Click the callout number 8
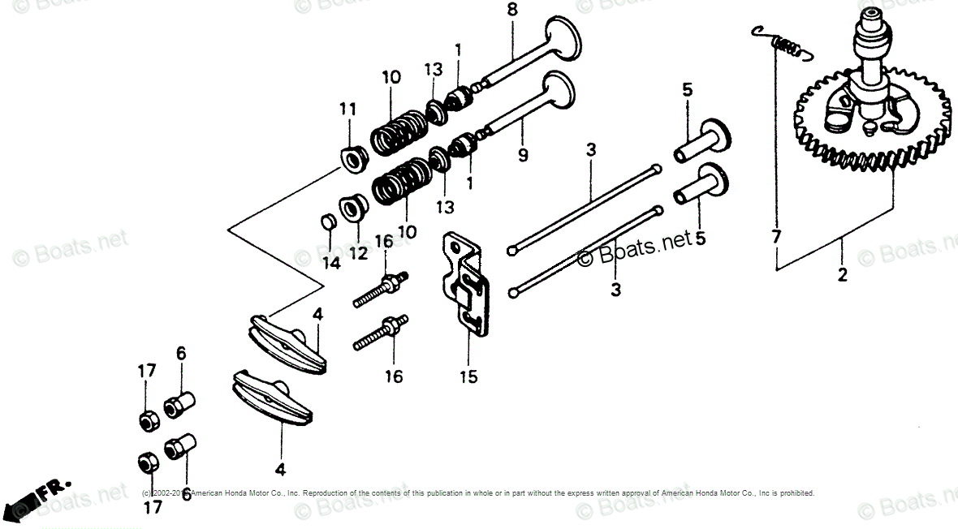pyautogui.click(x=511, y=11)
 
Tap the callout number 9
pyautogui.click(x=523, y=153)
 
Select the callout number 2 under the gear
pyautogui.click(x=842, y=275)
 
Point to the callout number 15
pyautogui.click(x=468, y=376)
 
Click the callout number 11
pyautogui.click(x=347, y=109)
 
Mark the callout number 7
pyautogui.click(x=776, y=237)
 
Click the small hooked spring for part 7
pyautogui.click(x=782, y=43)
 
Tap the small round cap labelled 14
pyautogui.click(x=326, y=221)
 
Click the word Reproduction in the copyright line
pyautogui.click(x=333, y=493)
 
